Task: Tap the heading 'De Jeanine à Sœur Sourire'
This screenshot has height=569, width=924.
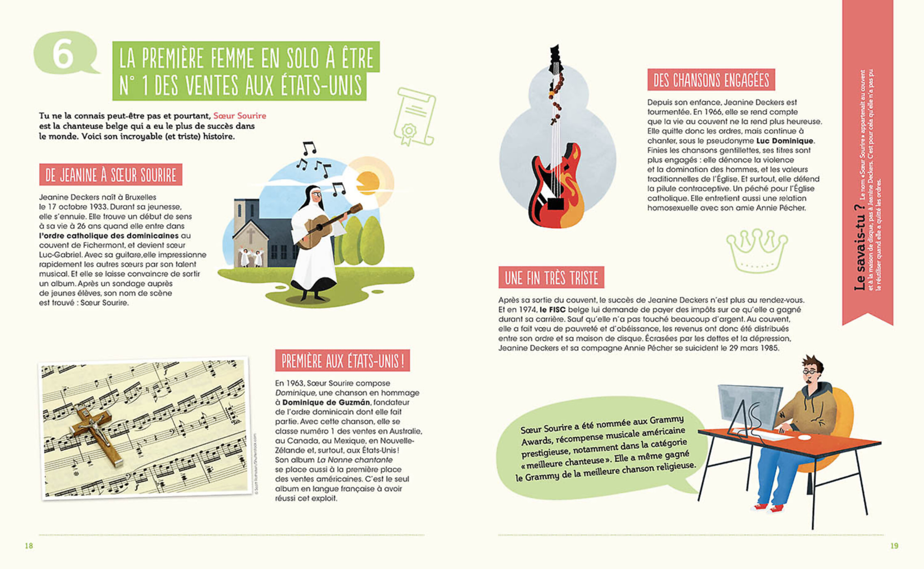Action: [x=110, y=175]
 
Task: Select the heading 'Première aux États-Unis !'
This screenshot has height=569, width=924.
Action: [x=342, y=361]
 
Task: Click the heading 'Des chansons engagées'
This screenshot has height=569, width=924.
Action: [x=711, y=80]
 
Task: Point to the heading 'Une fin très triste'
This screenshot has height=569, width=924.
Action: [x=551, y=278]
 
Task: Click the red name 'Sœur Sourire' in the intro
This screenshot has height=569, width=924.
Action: [x=240, y=116]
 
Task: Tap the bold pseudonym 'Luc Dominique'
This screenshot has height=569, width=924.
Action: [x=785, y=141]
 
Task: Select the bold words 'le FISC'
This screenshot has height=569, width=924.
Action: [x=552, y=310]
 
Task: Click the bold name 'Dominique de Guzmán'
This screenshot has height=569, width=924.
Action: [x=326, y=402]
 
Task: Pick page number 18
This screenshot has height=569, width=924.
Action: [x=29, y=546]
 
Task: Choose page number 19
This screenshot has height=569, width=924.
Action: [x=894, y=546]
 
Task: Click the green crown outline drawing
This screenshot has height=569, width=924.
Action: [x=757, y=250]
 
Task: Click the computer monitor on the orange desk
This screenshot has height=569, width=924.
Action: [x=749, y=406]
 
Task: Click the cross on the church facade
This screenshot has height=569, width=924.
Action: [x=251, y=235]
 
